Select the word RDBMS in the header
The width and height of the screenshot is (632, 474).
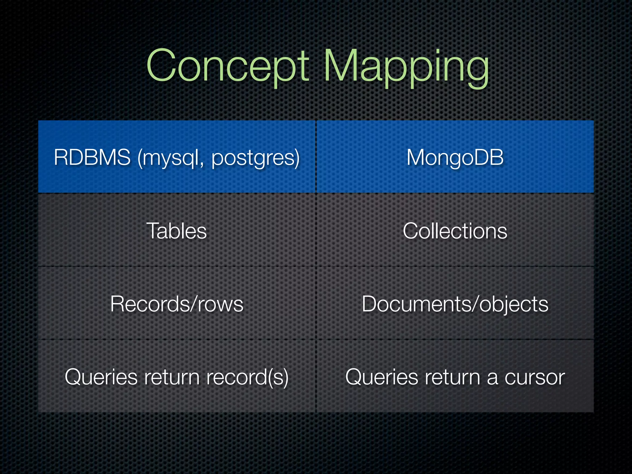coord(92,157)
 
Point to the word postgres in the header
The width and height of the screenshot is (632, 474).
coord(254,158)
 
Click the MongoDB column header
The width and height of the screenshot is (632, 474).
coord(455,157)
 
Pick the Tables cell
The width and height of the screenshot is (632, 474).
coord(177,231)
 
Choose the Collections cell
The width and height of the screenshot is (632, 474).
coord(455,231)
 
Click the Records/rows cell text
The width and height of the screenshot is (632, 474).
coord(177,304)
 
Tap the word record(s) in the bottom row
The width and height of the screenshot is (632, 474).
coord(247,377)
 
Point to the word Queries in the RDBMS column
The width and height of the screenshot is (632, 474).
coord(101,377)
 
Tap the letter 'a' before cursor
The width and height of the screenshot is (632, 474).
coord(493,378)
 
